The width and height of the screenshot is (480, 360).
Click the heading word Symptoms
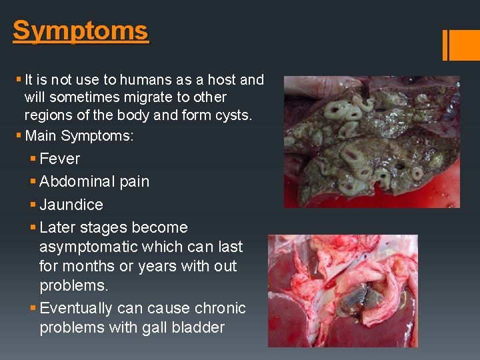click(80, 31)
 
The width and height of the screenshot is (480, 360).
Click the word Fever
click(59, 159)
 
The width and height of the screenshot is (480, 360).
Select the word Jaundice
click(71, 205)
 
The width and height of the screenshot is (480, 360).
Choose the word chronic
click(220, 308)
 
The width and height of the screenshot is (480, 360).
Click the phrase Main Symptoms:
click(79, 136)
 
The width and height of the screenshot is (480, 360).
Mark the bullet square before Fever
click(33, 159)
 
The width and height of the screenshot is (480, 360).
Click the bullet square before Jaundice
click(33, 205)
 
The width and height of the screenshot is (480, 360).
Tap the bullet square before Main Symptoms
click(18, 136)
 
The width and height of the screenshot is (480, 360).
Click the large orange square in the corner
click(465, 45)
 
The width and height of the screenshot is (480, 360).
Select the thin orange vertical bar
click(445, 45)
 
